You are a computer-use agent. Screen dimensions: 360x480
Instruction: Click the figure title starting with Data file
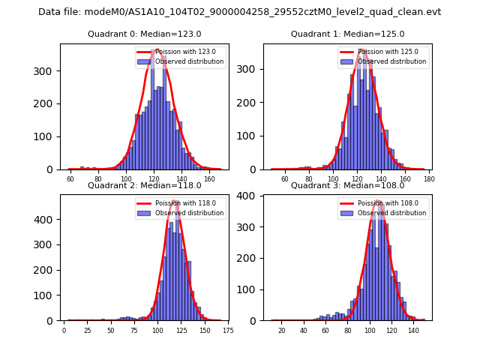pos(239,12)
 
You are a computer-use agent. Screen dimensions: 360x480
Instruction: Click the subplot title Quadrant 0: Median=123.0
pos(145,34)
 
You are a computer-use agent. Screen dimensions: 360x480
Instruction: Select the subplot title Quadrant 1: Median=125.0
pos(347,34)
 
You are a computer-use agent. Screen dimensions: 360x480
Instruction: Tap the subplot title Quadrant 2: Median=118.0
pos(145,185)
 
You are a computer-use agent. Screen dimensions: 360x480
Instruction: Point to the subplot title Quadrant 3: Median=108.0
pos(347,185)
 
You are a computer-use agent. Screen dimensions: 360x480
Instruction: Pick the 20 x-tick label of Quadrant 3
pos(282,331)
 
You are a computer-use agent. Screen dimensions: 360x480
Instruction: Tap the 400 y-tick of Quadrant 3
pos(250,196)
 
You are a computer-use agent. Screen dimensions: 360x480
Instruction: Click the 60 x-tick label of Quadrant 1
pos(285,179)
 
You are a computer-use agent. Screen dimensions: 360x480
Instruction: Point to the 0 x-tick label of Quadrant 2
pos(64,331)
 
